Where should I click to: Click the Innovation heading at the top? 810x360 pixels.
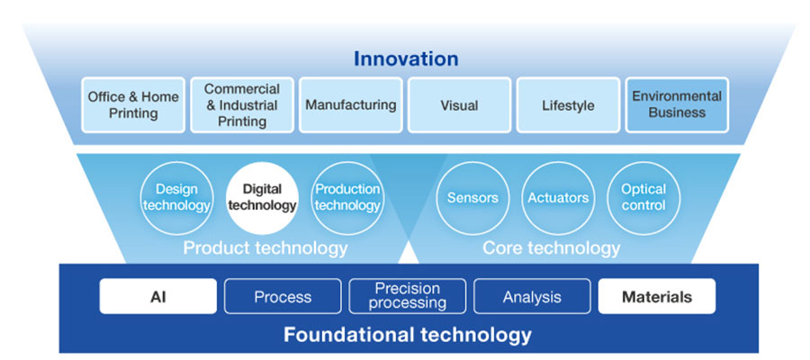pyautogui.click(x=405, y=59)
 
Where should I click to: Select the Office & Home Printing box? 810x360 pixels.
pyautogui.click(x=133, y=105)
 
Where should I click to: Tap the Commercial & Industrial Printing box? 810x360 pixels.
pyautogui.click(x=241, y=105)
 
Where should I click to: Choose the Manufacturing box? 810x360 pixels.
pyautogui.click(x=350, y=105)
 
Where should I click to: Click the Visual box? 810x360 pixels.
pyautogui.click(x=459, y=105)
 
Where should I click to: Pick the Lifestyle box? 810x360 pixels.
pyautogui.click(x=568, y=105)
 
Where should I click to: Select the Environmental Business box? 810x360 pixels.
pyautogui.click(x=677, y=105)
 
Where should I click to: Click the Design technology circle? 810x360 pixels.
pyautogui.click(x=176, y=197)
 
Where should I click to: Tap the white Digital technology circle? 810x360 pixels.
pyautogui.click(x=262, y=197)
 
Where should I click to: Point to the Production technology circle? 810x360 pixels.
pyautogui.click(x=347, y=197)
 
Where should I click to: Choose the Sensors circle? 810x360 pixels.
pyautogui.click(x=472, y=197)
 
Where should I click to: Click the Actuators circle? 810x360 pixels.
pyautogui.click(x=558, y=197)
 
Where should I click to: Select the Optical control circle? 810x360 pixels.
pyautogui.click(x=643, y=197)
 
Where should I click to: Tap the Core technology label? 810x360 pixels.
pyautogui.click(x=551, y=247)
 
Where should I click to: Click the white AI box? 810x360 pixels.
pyautogui.click(x=158, y=296)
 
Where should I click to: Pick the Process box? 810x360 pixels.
pyautogui.click(x=283, y=296)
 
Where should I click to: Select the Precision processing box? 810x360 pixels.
pyautogui.click(x=408, y=296)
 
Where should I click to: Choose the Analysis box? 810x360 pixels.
pyautogui.click(x=532, y=296)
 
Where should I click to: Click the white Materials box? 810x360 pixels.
pyautogui.click(x=657, y=296)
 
